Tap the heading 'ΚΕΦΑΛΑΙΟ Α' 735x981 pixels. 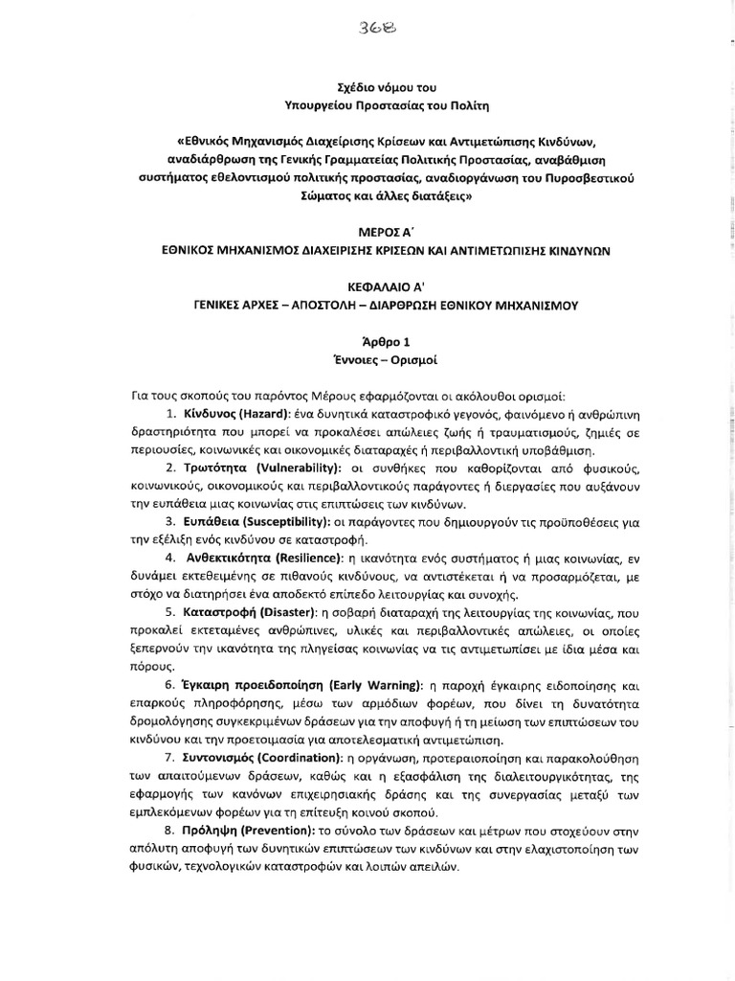(x=367, y=285)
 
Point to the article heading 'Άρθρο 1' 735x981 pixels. (x=367, y=340)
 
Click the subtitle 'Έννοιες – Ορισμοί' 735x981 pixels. (x=367, y=357)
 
